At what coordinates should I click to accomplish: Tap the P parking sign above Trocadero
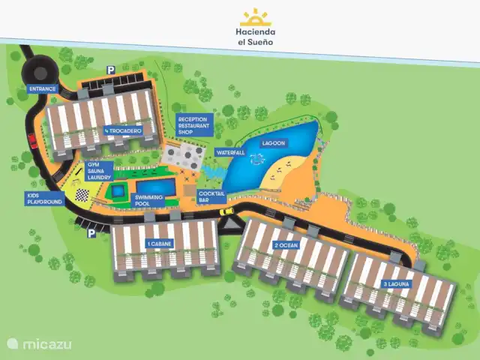pyautogui.click(x=110, y=70)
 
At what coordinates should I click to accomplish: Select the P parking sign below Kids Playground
pyautogui.click(x=91, y=232)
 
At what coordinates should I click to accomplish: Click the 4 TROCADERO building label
pyautogui.click(x=123, y=130)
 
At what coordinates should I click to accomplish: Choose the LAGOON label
pyautogui.click(x=272, y=142)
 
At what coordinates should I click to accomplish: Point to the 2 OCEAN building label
pyautogui.click(x=286, y=245)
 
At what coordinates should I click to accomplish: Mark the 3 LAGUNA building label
pyautogui.click(x=395, y=283)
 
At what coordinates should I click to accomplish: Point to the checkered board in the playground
pyautogui.click(x=81, y=196)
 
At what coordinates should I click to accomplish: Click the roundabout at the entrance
pyautogui.click(x=33, y=71)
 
